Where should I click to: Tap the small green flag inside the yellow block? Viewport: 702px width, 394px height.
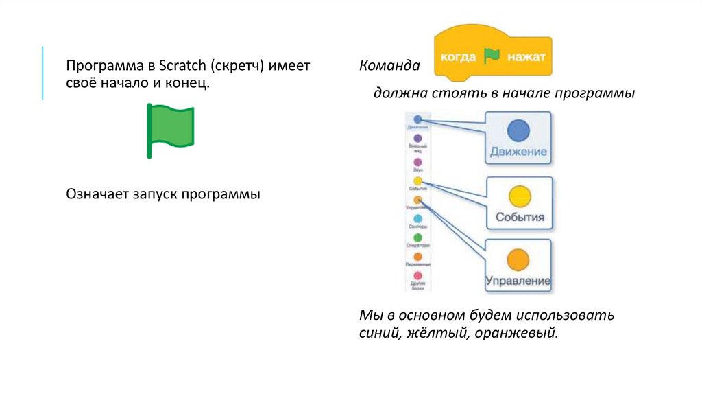pos(492,56)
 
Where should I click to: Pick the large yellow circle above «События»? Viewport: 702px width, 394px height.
pos(519,196)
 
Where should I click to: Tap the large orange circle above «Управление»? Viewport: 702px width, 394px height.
pos(518,260)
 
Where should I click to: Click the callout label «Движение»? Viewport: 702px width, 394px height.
pos(518,152)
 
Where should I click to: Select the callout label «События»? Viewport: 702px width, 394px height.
pos(519,217)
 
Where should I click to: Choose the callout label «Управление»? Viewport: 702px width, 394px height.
pos(518,281)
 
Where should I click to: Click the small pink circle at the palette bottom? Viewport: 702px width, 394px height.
pos(417,276)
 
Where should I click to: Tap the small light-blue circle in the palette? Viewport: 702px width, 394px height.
pos(417,218)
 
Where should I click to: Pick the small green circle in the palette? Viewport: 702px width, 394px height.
pos(417,237)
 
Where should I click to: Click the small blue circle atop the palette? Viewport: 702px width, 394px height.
pos(417,119)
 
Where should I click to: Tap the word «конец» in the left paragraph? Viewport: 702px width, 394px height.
pos(187,83)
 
